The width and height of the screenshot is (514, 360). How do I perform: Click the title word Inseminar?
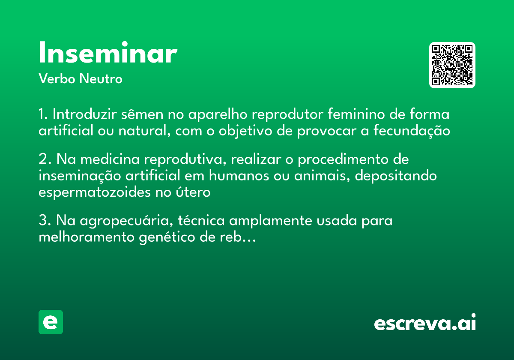108,54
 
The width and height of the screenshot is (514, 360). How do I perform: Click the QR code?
452,65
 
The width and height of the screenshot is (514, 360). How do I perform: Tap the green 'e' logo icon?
51,322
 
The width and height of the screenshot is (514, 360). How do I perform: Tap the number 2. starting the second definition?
45,160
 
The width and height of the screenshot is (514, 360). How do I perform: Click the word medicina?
110,160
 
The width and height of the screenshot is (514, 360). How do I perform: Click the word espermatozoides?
95,192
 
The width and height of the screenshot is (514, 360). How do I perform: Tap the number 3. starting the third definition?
45,221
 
